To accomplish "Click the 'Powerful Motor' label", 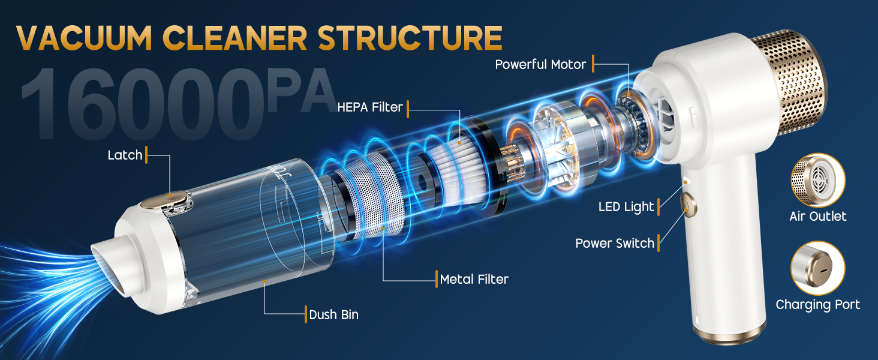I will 540,64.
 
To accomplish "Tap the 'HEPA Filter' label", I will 369,108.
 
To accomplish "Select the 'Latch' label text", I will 125,155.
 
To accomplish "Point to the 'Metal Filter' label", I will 474,279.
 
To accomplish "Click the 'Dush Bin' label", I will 333,314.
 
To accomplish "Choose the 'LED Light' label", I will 626,207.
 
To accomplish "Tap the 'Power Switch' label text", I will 615,243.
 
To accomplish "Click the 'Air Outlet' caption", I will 818,216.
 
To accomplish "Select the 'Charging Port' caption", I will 818,305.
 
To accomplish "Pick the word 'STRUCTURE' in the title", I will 410,37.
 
